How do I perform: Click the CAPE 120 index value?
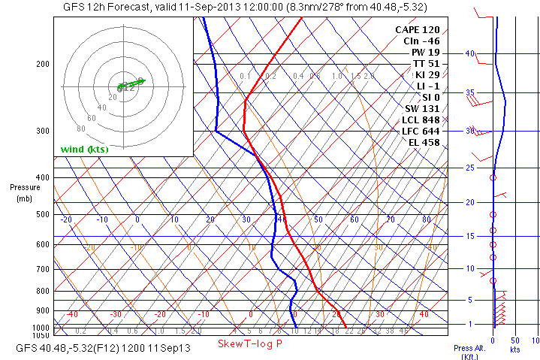418,29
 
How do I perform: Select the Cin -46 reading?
421,41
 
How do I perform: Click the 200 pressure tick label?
41,65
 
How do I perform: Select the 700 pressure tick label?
41,269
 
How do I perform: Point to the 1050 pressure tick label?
41,334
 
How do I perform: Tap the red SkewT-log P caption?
250,343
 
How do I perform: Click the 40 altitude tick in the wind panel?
469,54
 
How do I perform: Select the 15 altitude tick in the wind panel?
469,236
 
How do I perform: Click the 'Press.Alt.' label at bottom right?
472,349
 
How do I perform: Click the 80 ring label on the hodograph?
81,129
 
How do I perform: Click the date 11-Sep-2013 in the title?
189,7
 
